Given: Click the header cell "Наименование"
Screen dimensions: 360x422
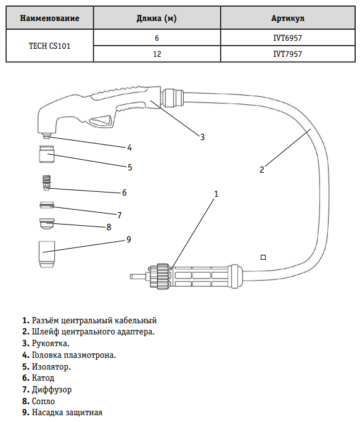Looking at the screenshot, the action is tap(49, 18).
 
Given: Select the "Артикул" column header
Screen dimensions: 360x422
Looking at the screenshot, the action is tap(288, 18).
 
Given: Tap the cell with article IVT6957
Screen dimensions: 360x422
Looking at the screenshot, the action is tap(288, 38).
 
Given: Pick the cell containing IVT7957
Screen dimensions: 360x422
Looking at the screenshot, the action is tap(288, 54).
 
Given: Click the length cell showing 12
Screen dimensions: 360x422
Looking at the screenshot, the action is tap(157, 54).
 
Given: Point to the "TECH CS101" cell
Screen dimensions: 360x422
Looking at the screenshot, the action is tap(49, 46).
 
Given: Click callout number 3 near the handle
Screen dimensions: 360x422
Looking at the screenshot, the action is tap(202, 137).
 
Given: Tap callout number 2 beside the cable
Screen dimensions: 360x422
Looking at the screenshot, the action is tap(262, 170).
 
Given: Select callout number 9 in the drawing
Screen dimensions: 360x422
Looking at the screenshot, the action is tap(128, 239).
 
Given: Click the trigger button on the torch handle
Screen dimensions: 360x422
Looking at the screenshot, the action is tap(100, 121).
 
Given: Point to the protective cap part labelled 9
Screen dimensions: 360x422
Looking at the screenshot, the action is tap(47, 254).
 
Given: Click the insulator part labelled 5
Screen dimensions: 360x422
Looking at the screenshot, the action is tap(46, 154).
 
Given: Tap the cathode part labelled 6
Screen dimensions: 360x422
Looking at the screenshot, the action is tap(46, 183).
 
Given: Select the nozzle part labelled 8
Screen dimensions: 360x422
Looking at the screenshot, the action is tap(47, 224).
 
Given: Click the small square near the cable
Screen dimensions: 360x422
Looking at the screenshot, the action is tap(263, 257).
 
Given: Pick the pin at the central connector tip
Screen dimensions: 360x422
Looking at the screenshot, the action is tap(138, 276).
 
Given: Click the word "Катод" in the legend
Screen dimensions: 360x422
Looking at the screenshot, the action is tap(43, 378).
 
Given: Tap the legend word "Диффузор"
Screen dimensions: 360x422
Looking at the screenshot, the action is tap(52, 390).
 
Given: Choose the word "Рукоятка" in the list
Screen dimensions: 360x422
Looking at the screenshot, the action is tap(50, 343).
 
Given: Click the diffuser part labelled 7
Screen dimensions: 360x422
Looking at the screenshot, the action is tap(47, 205).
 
